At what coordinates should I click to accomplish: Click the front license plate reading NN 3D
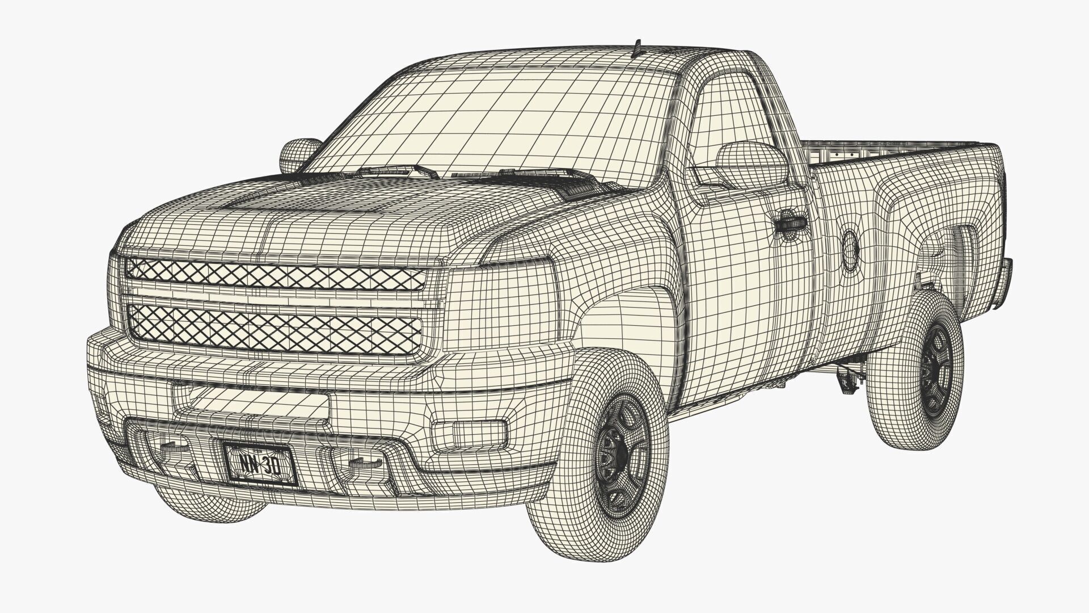tap(260, 464)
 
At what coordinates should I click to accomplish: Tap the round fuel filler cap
tap(850, 249)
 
